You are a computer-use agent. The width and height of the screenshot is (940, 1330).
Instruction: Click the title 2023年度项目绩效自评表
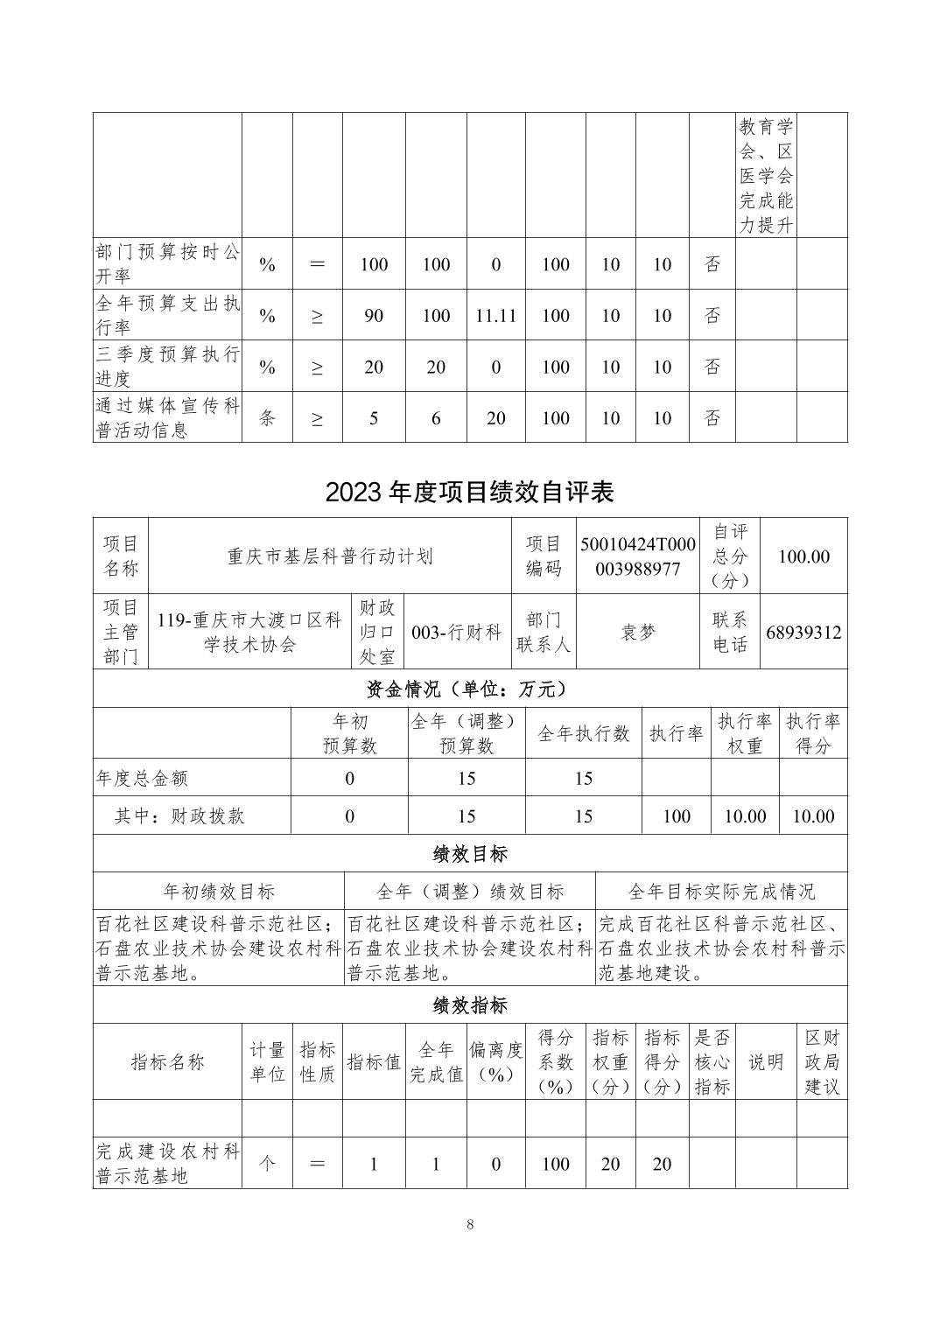pyautogui.click(x=469, y=492)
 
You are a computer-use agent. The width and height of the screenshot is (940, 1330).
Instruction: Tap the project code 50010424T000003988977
pyautogui.click(x=637, y=556)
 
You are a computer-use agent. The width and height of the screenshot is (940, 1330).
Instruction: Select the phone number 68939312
pyautogui.click(x=803, y=632)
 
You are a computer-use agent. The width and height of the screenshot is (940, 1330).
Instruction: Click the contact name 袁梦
pyautogui.click(x=637, y=632)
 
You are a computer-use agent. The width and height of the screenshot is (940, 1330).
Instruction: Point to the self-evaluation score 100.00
pyautogui.click(x=803, y=556)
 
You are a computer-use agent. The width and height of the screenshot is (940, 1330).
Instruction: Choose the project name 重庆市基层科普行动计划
pyautogui.click(x=330, y=556)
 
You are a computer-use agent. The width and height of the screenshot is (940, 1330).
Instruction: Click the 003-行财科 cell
pyautogui.click(x=457, y=632)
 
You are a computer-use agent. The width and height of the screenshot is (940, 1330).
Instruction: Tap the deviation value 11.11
pyautogui.click(x=495, y=315)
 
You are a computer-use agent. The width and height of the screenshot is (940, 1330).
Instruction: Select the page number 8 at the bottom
pyautogui.click(x=470, y=1224)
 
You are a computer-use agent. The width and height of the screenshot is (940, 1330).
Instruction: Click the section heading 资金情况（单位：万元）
pyautogui.click(x=469, y=689)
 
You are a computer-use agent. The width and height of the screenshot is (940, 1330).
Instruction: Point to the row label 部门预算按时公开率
pyautogui.click(x=167, y=263)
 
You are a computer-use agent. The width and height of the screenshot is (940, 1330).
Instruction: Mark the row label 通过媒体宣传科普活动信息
pyautogui.click(x=167, y=417)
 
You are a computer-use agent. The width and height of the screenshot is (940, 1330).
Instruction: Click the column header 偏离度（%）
pyautogui.click(x=495, y=1061)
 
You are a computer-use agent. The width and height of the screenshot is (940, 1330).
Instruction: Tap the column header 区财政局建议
pyautogui.click(x=822, y=1061)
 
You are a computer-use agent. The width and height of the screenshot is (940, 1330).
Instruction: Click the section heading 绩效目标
pyautogui.click(x=469, y=853)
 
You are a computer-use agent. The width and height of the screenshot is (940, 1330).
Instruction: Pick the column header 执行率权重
pyautogui.click(x=744, y=732)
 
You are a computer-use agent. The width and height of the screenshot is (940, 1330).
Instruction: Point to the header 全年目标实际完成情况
pyautogui.click(x=721, y=891)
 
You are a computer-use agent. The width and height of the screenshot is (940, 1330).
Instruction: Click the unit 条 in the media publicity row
pyautogui.click(x=267, y=417)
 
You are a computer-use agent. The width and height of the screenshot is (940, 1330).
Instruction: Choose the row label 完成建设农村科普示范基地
pyautogui.click(x=167, y=1163)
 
